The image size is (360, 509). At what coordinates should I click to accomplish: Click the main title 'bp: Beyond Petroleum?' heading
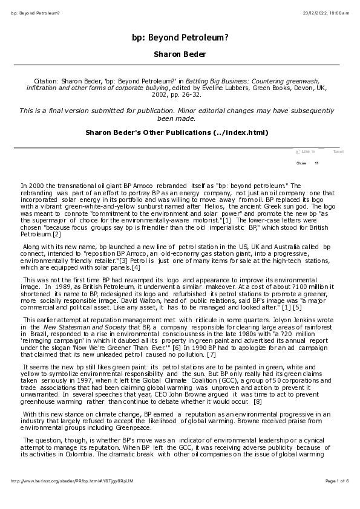pyautogui.click(x=180, y=37)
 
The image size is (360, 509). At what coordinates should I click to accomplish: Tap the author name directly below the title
pyautogui.click(x=180, y=54)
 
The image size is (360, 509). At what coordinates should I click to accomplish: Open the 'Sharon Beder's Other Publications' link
pyautogui.click(x=176, y=132)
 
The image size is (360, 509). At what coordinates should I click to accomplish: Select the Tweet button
pyautogui.click(x=338, y=152)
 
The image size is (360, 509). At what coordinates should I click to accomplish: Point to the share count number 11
pyautogui.click(x=316, y=163)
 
